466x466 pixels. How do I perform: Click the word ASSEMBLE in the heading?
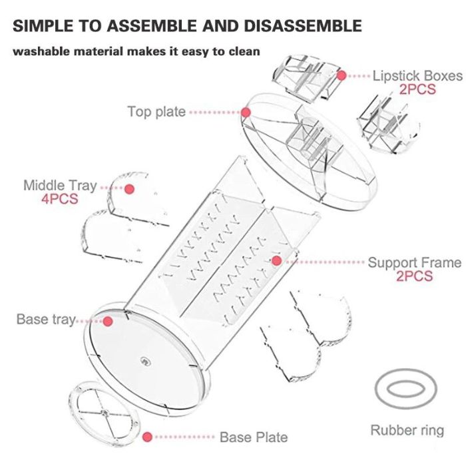coord(152,25)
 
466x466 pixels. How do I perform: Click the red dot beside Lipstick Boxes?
coord(342,75)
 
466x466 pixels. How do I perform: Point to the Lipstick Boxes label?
coord(417,76)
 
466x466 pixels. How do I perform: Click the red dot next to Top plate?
coord(246,113)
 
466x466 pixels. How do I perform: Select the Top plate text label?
coord(156,113)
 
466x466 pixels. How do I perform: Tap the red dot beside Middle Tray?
coord(129,189)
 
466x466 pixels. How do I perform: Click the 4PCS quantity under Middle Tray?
coord(60,199)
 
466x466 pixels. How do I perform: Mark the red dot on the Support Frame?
coord(277,261)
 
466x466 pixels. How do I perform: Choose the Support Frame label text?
coord(415,263)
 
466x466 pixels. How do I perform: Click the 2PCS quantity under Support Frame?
coord(415,276)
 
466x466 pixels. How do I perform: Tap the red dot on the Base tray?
coord(108,321)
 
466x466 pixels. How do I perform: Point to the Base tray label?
coord(46,320)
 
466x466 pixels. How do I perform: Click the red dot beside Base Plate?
coord(147,437)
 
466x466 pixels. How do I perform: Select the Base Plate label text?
coord(254,437)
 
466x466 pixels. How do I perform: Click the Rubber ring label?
coord(407,431)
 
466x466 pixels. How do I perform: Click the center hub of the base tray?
coord(145,361)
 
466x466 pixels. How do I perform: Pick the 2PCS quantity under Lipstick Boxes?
coord(417,89)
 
